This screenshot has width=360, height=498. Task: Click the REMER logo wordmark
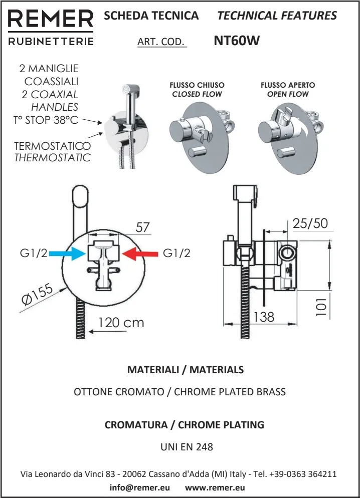coord(51,19)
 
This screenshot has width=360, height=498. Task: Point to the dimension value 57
coord(143,227)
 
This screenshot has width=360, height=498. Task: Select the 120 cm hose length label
coord(120,323)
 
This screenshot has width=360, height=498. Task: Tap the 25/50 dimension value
coord(310,223)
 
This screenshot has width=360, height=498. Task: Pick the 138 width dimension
coord(264,317)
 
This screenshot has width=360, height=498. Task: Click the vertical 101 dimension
coord(321,305)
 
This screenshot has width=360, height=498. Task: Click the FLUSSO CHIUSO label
coord(197,85)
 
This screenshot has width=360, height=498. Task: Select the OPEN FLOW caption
coord(288,94)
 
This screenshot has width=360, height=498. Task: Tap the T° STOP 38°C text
coord(46,120)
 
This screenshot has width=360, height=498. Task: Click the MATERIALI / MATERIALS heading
coord(186,370)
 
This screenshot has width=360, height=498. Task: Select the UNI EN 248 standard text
coord(187,447)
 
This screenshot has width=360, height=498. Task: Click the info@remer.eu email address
coord(139,487)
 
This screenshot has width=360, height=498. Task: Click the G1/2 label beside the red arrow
coord(176,254)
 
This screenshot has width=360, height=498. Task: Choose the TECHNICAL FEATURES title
coord(277,16)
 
